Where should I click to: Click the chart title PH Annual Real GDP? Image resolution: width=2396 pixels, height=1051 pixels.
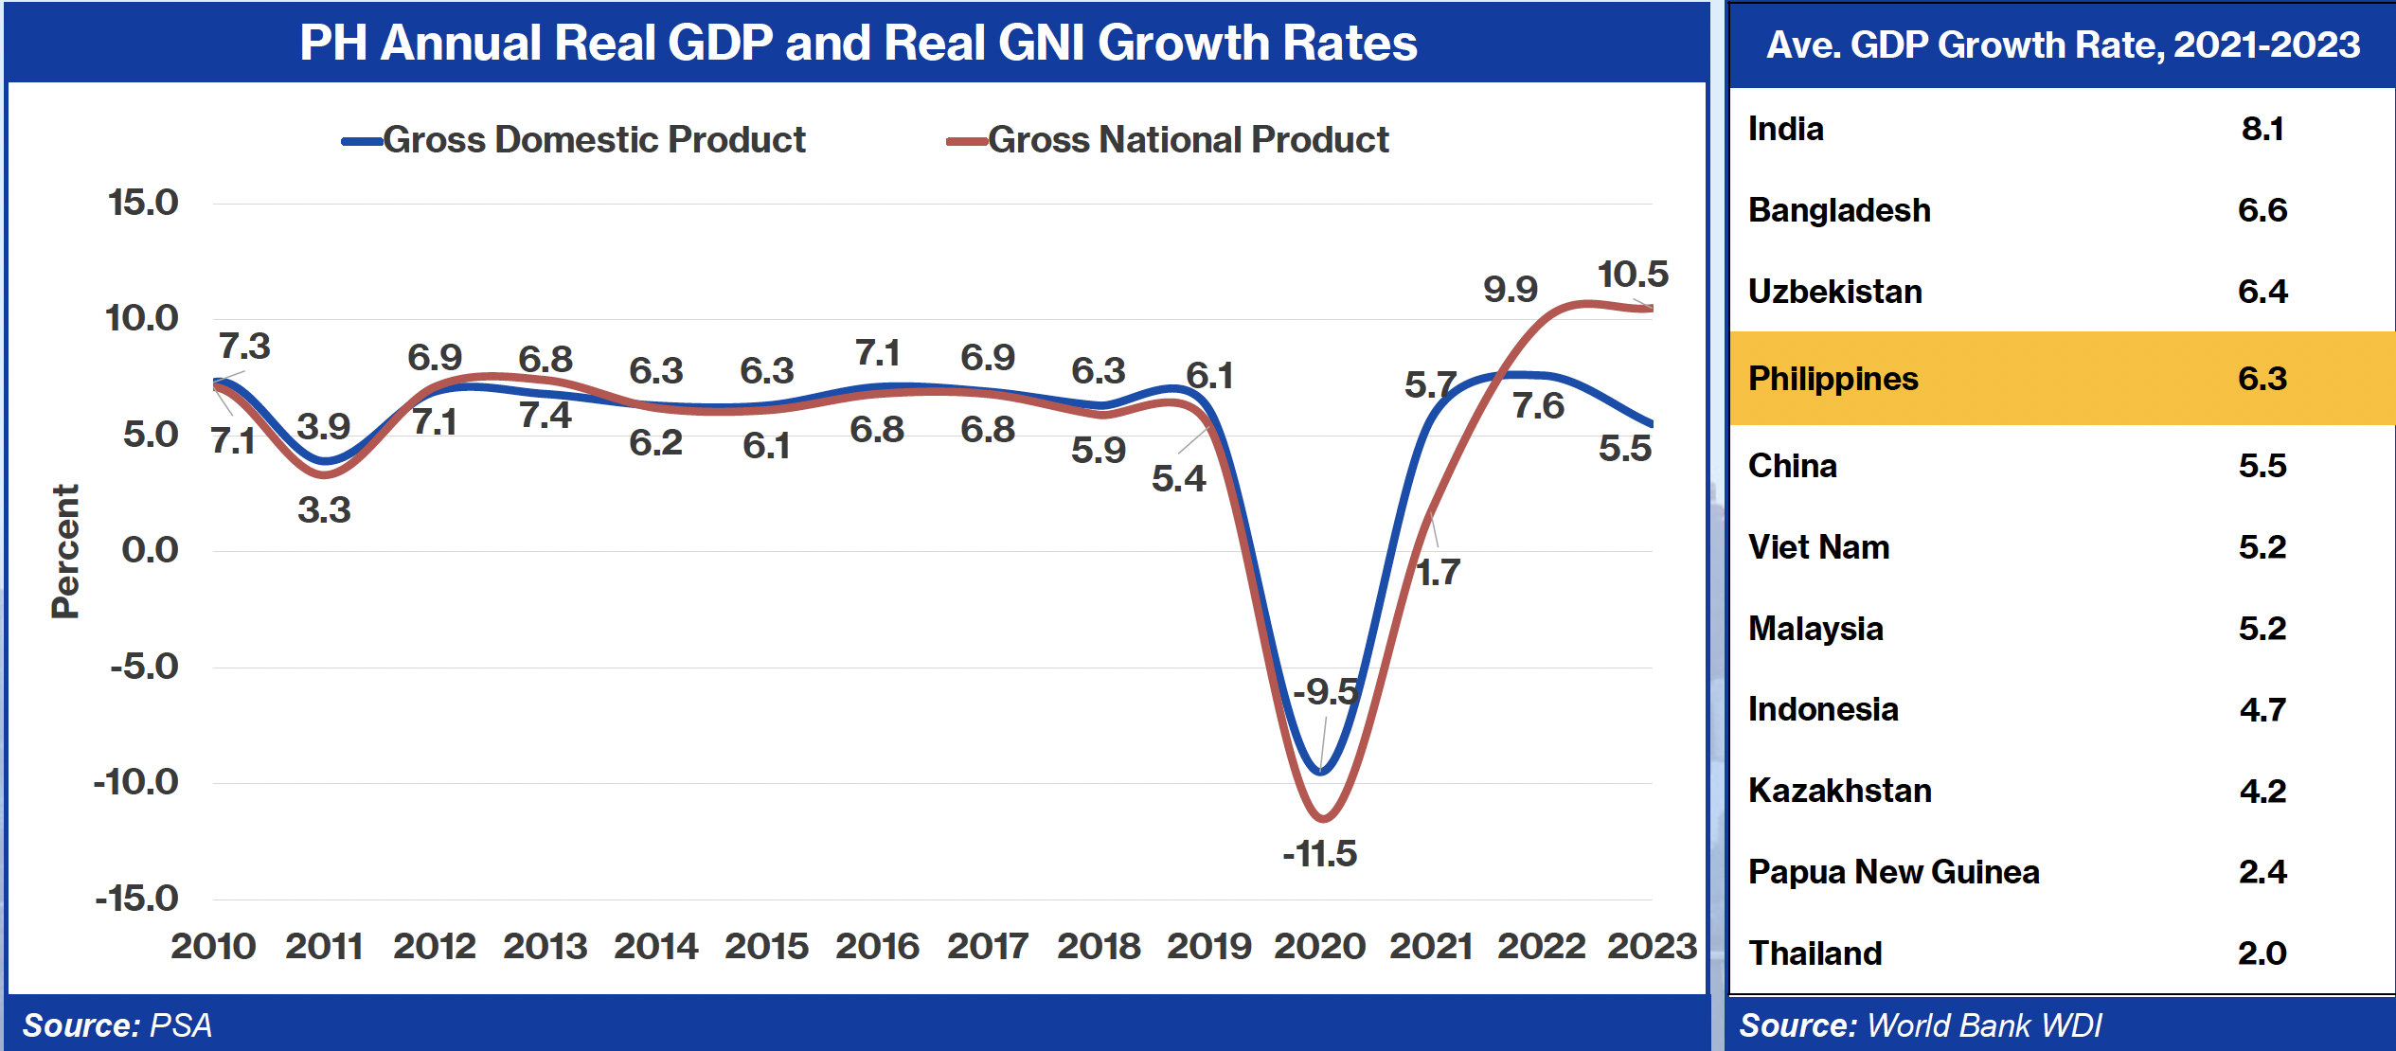click(857, 43)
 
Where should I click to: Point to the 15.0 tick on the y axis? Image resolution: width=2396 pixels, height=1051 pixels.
click(143, 203)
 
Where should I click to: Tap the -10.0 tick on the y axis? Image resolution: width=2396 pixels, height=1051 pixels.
click(136, 782)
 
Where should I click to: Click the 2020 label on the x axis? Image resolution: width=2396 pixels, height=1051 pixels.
click(1319, 946)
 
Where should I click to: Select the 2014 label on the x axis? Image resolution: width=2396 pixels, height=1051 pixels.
click(655, 946)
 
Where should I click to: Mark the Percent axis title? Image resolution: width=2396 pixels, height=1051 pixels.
click(65, 551)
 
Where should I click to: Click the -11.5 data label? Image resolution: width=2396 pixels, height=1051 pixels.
click(1319, 854)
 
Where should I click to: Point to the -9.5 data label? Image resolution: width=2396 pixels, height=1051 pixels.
click(1325, 692)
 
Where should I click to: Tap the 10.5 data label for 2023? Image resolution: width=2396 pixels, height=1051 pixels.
click(1633, 275)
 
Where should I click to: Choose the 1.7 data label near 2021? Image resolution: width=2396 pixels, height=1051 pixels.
click(1438, 573)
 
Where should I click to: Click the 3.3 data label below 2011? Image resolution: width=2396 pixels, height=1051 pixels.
click(324, 510)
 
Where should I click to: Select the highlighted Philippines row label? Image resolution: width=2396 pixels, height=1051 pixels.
click(1833, 379)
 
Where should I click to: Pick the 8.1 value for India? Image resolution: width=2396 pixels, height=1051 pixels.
click(2262, 129)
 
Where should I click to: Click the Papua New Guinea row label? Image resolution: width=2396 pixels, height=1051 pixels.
click(1893, 872)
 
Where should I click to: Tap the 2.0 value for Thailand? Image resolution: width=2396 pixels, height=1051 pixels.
click(2262, 953)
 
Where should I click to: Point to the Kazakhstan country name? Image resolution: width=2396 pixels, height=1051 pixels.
click(1839, 791)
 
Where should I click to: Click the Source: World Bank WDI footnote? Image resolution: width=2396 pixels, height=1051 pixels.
click(1920, 1025)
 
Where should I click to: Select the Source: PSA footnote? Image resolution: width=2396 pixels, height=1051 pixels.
click(117, 1025)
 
